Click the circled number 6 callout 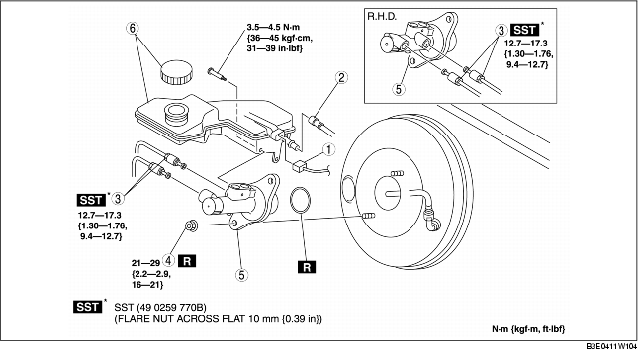click(x=133, y=28)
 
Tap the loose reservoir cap click(x=177, y=72)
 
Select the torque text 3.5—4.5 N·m click(x=273, y=27)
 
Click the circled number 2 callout click(x=341, y=77)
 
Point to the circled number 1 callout click(x=328, y=149)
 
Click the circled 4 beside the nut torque click(x=169, y=259)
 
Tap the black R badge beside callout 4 click(x=187, y=260)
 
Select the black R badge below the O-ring click(x=307, y=267)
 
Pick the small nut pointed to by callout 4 click(x=191, y=225)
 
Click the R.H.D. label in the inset click(x=382, y=16)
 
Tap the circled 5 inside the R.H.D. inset click(x=399, y=89)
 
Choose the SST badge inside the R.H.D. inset click(x=525, y=30)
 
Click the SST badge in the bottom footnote click(x=88, y=307)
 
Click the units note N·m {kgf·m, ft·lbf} click(x=528, y=329)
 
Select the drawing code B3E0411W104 click(x=611, y=347)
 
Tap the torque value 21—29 click(x=145, y=263)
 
